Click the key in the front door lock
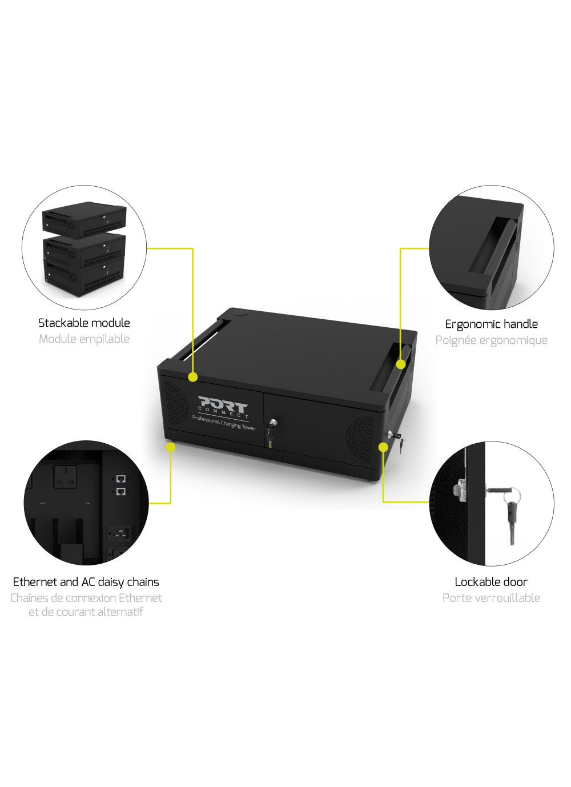pos(271,433)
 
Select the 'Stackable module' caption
pos(84,323)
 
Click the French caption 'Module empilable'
pos(84,339)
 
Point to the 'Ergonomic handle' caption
pos(491,324)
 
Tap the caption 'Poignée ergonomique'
pos(491,340)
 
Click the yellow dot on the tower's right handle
pos(401,364)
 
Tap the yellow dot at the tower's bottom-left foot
pos(170,447)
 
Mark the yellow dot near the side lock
pos(384,447)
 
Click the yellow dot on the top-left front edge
pos(193,377)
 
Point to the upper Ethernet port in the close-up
pos(121,478)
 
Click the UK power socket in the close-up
pos(65,476)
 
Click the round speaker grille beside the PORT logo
pos(175,402)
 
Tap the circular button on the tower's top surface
pos(240,312)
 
